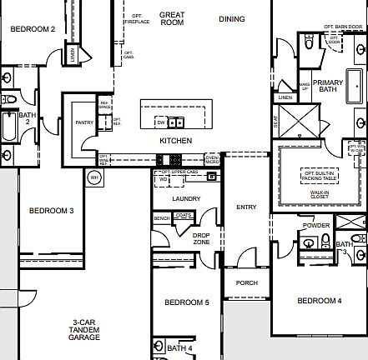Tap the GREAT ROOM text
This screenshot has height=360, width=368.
coord(172,18)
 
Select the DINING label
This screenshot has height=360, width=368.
coord(233,18)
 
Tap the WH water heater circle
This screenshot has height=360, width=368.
coord(94,177)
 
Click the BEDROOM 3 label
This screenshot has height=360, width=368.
coord(52,211)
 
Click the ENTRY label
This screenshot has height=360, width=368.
coord(246,207)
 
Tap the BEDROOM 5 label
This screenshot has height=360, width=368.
coord(186,302)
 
